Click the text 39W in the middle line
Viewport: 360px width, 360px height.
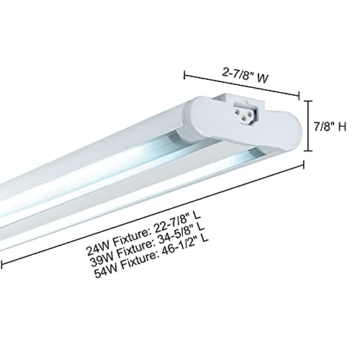click(100, 264)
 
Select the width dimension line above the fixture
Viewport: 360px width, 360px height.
click(242, 82)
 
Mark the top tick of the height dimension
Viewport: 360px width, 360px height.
click(310, 100)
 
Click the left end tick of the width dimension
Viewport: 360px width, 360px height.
click(186, 71)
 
